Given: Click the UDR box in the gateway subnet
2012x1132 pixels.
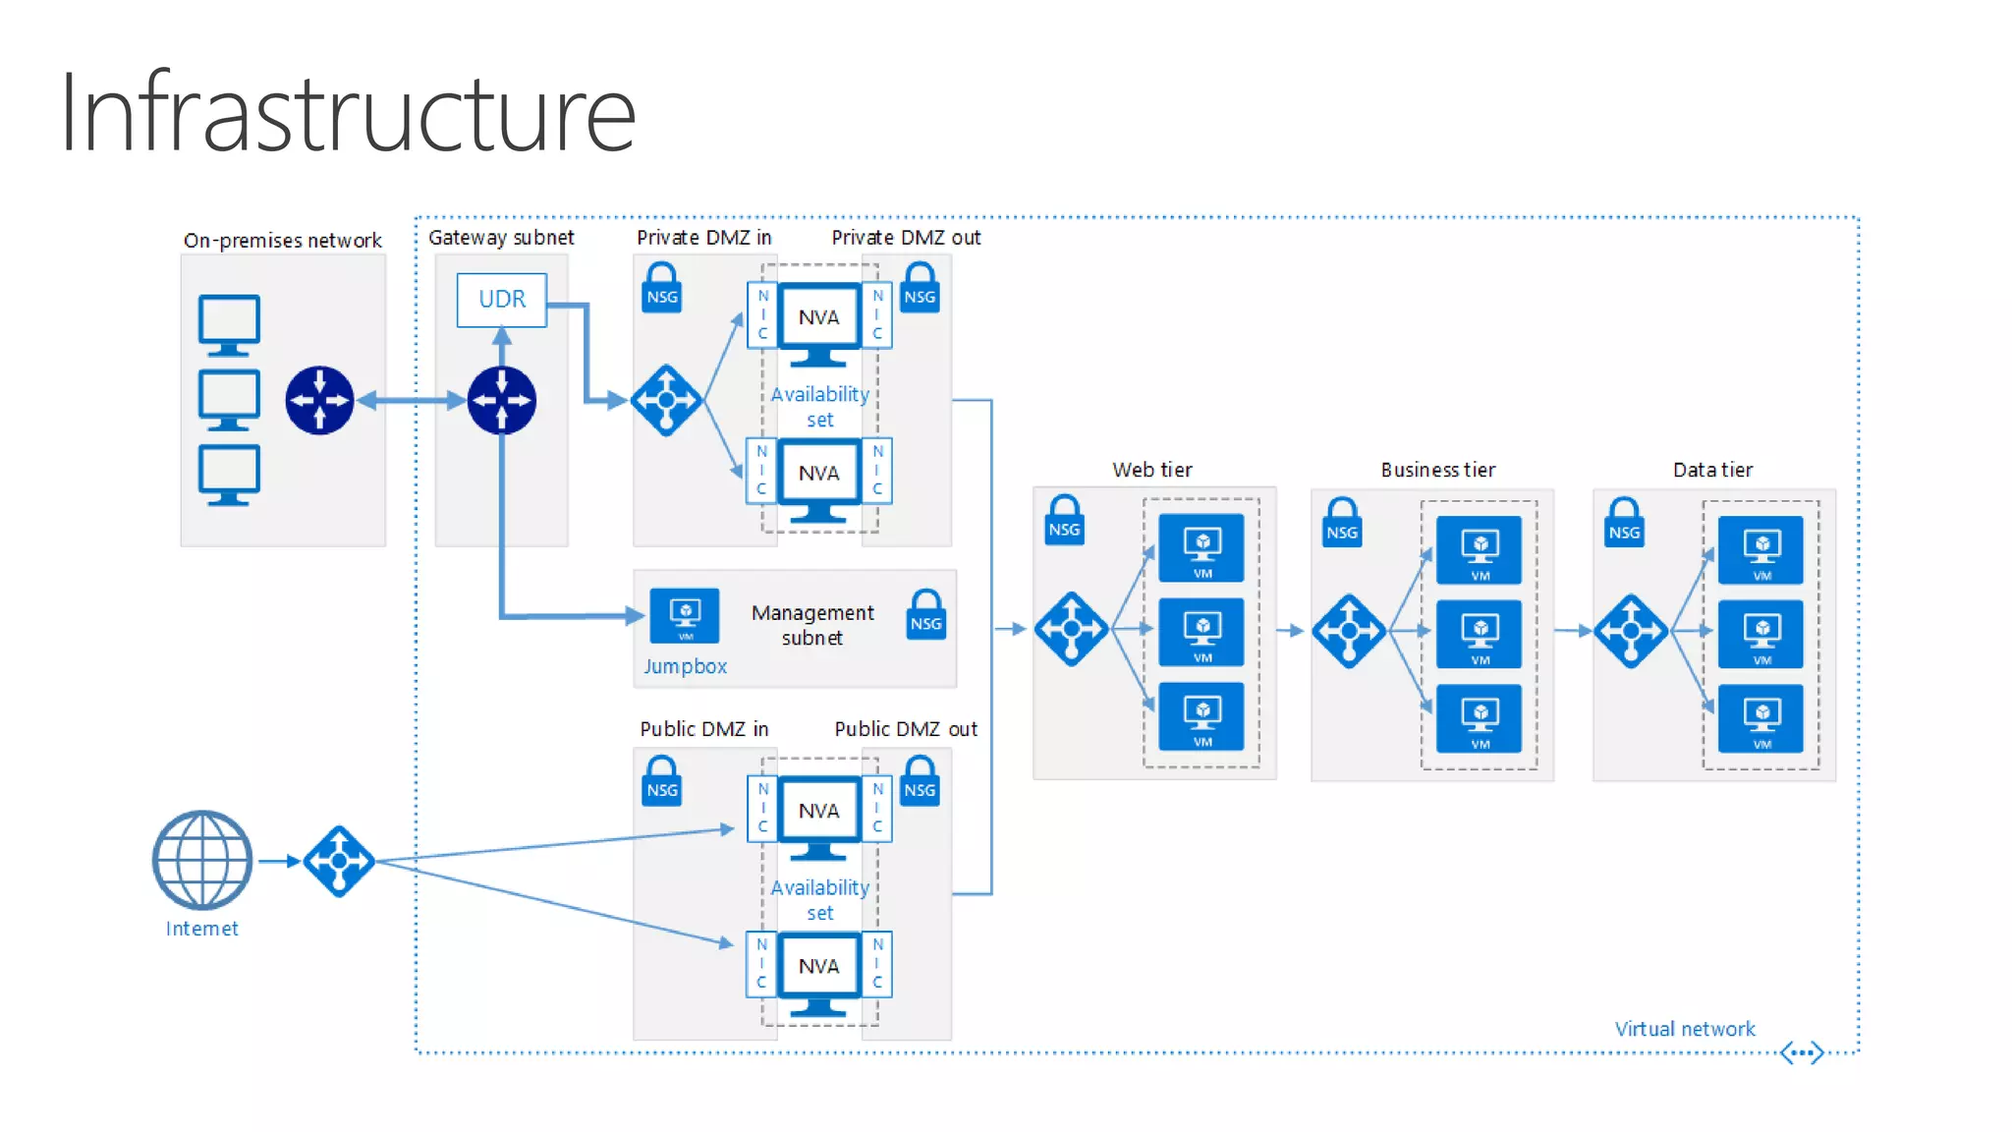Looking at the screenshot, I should click(501, 299).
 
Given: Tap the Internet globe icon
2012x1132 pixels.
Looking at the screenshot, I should click(202, 860).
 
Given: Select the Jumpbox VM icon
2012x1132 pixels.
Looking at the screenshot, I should click(685, 615).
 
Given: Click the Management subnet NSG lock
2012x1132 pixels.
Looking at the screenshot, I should click(925, 616).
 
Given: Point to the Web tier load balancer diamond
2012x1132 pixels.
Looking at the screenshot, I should click(1071, 629).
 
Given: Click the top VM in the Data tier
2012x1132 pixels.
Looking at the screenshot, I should click(1760, 549).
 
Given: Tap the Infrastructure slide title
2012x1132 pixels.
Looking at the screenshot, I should click(347, 113).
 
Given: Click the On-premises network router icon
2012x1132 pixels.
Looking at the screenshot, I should click(319, 400).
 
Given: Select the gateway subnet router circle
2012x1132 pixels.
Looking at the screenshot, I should click(502, 400).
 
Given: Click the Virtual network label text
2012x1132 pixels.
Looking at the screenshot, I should click(1684, 1029).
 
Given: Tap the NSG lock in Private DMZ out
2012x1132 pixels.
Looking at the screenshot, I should click(920, 289).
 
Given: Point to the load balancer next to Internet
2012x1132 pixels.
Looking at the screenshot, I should click(339, 861).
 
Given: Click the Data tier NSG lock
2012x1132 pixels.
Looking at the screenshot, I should click(1624, 523).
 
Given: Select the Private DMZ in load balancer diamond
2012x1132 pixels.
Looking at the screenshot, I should click(666, 400).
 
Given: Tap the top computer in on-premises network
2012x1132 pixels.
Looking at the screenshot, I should click(229, 324).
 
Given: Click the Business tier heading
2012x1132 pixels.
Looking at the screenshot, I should click(1437, 470).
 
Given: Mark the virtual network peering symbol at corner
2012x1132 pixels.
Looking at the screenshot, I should click(1802, 1052).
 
